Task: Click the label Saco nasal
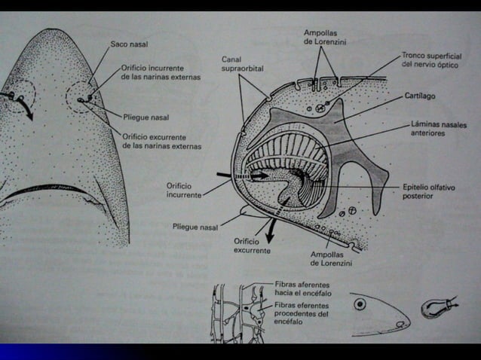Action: tap(129, 44)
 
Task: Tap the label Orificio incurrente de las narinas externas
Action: tap(161, 72)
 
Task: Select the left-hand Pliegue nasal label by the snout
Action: tap(146, 117)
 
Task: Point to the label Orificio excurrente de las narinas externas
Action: tap(162, 142)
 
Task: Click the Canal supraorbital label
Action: tap(242, 64)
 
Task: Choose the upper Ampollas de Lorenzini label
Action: tap(325, 38)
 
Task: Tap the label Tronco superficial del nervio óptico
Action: tap(431, 60)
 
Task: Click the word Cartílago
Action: tap(420, 96)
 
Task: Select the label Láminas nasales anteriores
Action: tap(439, 129)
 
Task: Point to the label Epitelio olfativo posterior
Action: tap(428, 191)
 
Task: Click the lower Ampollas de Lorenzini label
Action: tap(331, 259)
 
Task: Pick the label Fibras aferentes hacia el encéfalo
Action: tap(303, 289)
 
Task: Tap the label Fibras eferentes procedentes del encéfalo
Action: tap(302, 313)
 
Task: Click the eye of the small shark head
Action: tap(360, 304)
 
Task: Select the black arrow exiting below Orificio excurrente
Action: tap(270, 230)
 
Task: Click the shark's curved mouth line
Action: tap(49, 193)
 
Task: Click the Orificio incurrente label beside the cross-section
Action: tap(184, 191)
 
